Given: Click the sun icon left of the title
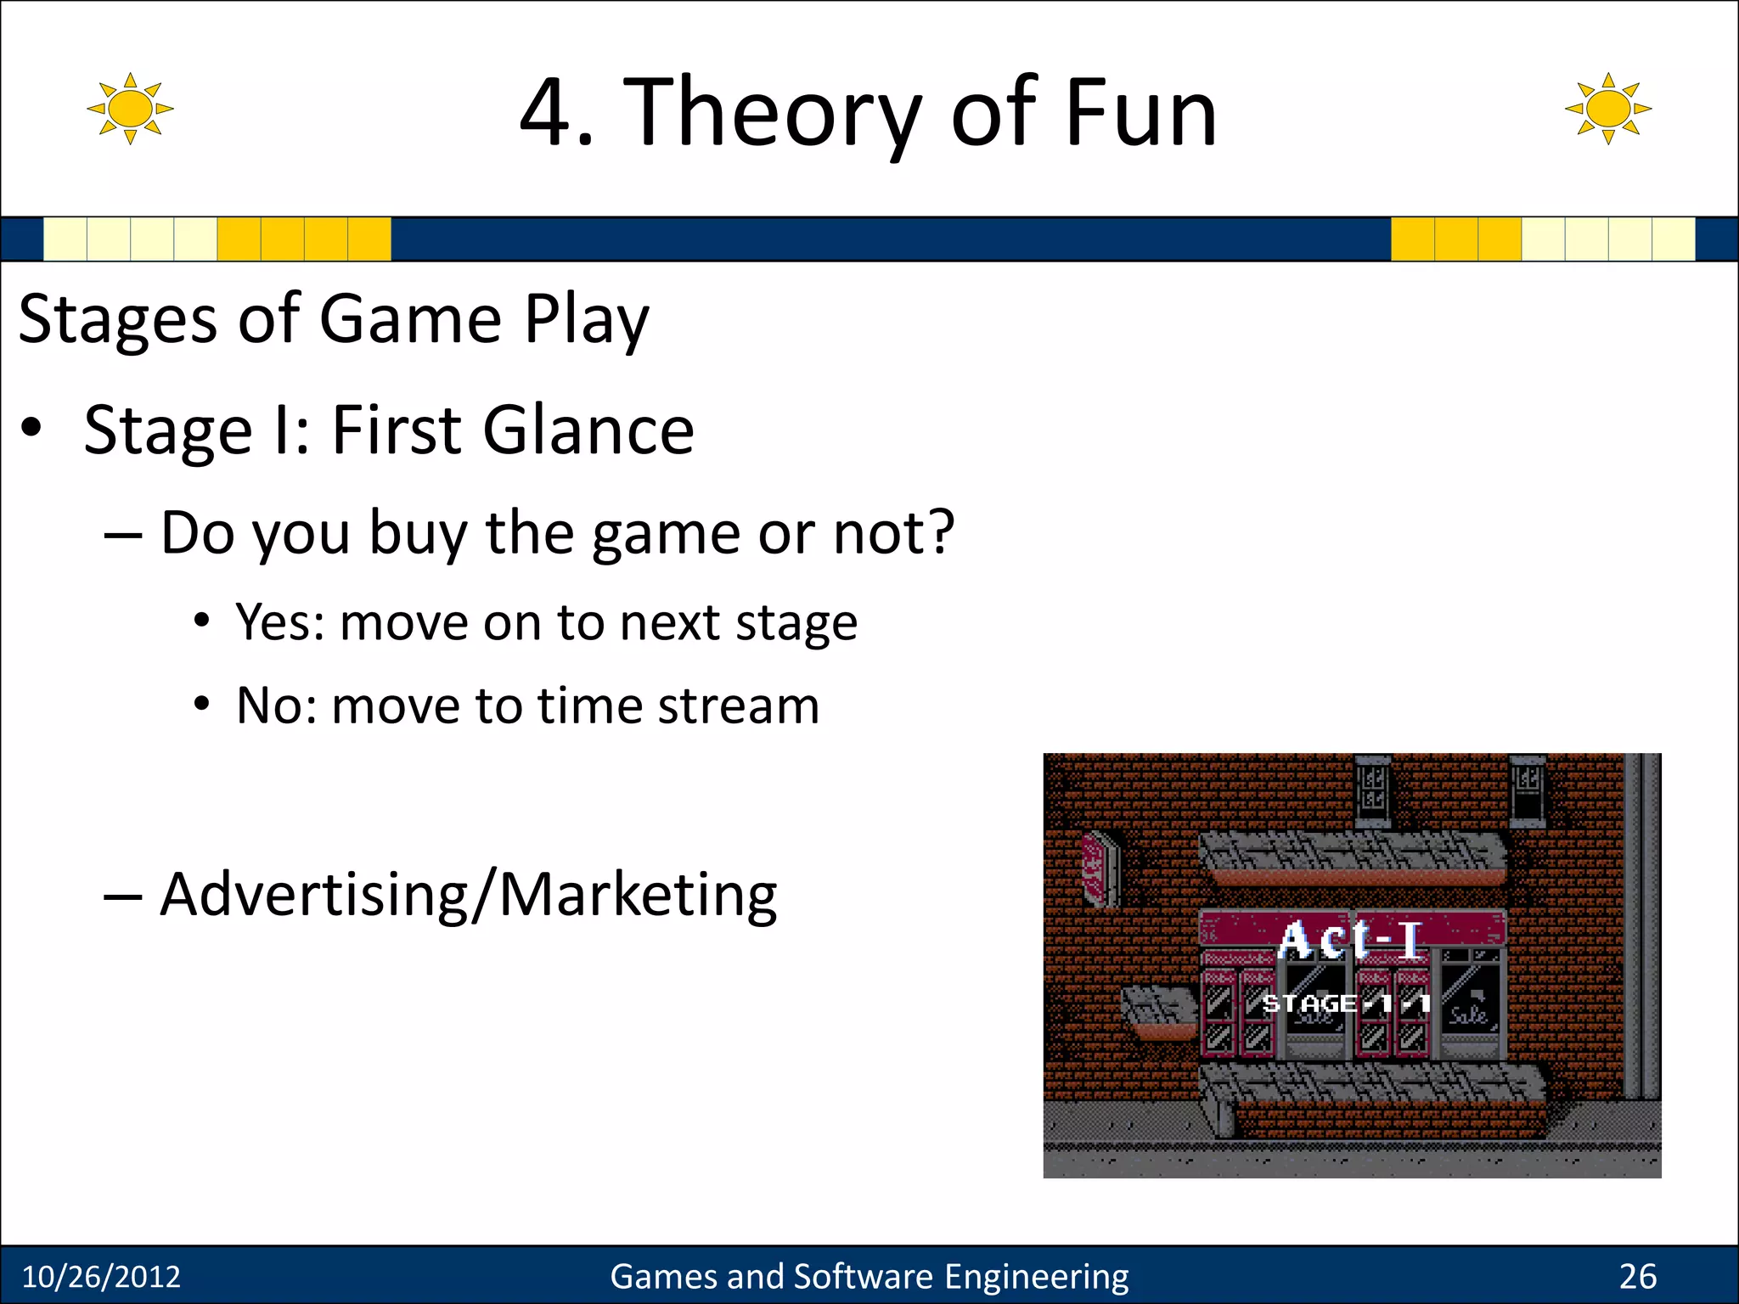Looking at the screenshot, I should tap(130, 109).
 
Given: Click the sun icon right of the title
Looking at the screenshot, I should tap(1607, 109).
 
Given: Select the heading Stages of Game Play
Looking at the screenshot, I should tap(334, 320).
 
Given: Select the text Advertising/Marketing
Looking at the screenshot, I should tap(468, 895).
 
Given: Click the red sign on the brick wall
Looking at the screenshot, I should tap(1098, 867).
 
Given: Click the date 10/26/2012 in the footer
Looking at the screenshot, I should tap(101, 1277).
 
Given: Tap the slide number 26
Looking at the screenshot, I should tap(1637, 1277).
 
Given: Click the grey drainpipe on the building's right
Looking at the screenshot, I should tap(1641, 925).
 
